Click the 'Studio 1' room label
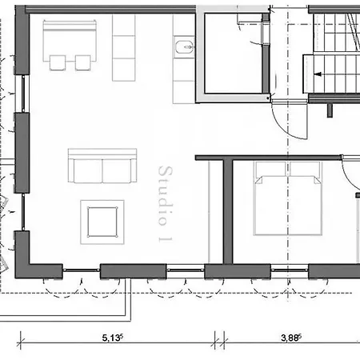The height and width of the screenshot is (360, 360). [x=166, y=204]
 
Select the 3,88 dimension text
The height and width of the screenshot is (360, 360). [x=291, y=338]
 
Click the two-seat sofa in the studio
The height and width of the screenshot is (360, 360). [x=102, y=166]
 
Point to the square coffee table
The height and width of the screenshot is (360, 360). [x=102, y=222]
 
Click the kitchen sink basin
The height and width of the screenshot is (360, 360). [x=184, y=47]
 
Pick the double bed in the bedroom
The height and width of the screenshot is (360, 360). [x=288, y=198]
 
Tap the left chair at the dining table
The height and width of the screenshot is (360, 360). [x=58, y=62]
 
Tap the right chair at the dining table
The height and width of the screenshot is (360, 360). [x=82, y=62]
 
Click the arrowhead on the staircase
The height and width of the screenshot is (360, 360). [x=318, y=74]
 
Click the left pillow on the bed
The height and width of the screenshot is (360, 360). [x=270, y=170]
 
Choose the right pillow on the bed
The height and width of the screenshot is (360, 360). [x=305, y=170]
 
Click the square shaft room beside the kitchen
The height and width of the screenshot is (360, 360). [x=234, y=54]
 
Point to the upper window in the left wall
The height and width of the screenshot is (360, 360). [x=23, y=94]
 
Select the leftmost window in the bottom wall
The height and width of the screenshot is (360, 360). [x=82, y=270]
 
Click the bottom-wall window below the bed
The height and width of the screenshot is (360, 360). [x=290, y=270]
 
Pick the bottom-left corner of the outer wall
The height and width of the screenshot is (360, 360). [x=15, y=278]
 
